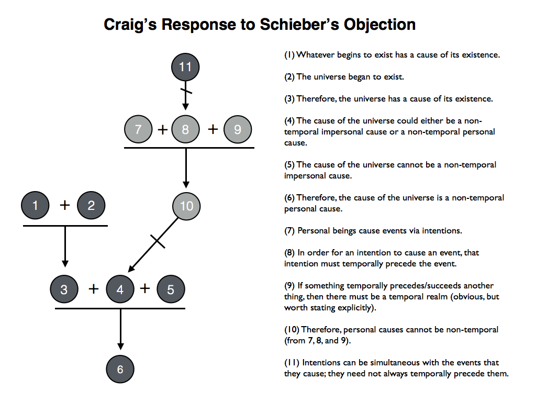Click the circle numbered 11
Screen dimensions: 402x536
coord(185,67)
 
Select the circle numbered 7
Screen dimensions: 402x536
coord(138,129)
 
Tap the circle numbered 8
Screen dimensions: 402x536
coord(185,129)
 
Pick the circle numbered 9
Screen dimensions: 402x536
coord(237,129)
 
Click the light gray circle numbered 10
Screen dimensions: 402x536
coord(186,206)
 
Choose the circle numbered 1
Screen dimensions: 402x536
coord(36,206)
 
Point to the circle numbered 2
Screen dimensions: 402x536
coord(91,206)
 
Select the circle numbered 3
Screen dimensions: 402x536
coord(64,289)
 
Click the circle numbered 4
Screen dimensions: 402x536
coord(120,289)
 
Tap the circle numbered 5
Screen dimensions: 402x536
coord(171,289)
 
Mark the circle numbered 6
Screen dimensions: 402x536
coord(120,369)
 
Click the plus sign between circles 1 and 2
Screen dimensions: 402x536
coord(64,205)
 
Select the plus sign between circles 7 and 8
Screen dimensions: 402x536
coord(162,129)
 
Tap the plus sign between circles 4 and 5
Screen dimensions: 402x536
coord(145,288)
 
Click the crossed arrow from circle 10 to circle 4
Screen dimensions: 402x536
coord(157,242)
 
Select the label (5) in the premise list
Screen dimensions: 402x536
coord(289,165)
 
